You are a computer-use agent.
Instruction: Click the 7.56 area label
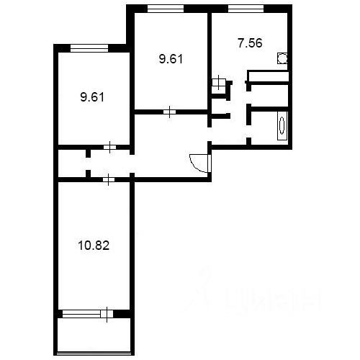(250, 42)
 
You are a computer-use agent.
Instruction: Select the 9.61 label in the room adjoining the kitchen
(171, 60)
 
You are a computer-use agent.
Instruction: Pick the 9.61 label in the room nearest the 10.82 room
(92, 96)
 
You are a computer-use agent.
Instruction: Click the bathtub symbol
(282, 125)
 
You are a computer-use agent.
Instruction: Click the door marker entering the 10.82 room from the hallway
(108, 179)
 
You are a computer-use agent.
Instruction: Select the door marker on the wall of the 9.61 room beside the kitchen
(168, 112)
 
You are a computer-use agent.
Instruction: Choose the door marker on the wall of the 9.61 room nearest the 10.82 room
(108, 148)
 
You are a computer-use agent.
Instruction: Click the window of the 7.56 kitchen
(246, 9)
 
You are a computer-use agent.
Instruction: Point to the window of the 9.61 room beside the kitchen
(165, 9)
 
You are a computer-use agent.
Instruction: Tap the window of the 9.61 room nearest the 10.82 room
(89, 48)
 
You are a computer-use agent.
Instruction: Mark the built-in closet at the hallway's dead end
(71, 163)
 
